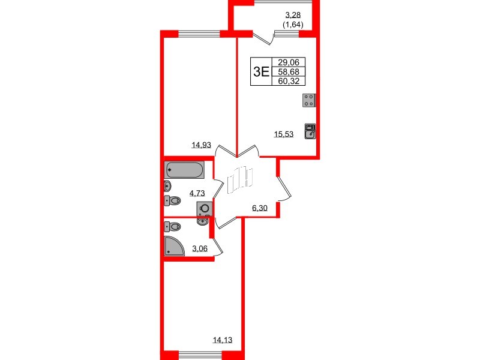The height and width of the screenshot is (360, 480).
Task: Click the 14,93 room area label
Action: (201, 144)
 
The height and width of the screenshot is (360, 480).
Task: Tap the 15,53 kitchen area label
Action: (283, 134)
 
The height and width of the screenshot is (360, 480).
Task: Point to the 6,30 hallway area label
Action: (260, 208)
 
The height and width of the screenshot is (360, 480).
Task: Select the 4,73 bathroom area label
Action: (197, 193)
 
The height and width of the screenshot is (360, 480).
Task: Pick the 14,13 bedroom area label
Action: (222, 341)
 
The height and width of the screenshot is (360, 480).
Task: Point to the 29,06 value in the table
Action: (289, 62)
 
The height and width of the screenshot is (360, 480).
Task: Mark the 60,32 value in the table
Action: (289, 82)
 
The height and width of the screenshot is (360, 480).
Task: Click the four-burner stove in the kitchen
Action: (309, 100)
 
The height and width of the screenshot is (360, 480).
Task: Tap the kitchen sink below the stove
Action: (309, 131)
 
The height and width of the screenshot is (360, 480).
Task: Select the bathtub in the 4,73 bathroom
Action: (185, 169)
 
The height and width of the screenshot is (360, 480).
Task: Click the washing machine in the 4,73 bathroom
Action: (205, 209)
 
